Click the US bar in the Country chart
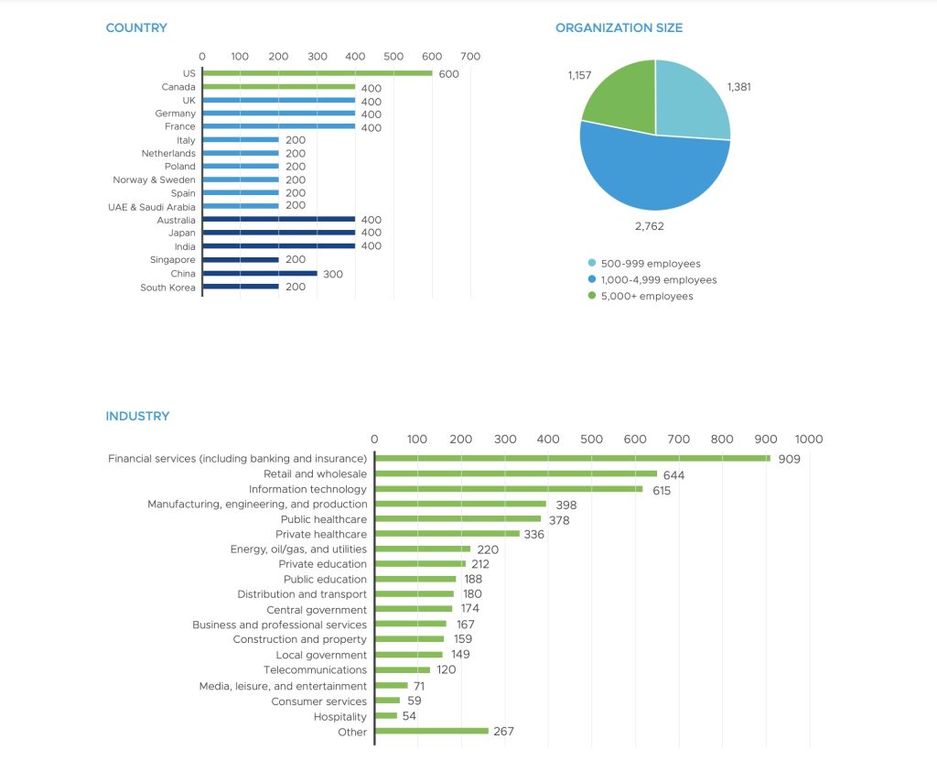point(317,73)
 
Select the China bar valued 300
point(260,274)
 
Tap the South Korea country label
point(167,288)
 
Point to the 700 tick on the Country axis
point(470,57)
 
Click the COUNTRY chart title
point(136,27)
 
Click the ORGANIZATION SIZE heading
point(619,27)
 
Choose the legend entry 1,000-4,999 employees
point(658,280)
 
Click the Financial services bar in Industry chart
point(572,458)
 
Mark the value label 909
point(789,459)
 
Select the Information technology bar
point(509,489)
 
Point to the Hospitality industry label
point(339,717)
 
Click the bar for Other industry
point(431,731)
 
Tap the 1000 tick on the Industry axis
point(809,439)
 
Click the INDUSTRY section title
point(137,416)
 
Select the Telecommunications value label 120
point(446,669)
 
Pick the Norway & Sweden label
point(154,180)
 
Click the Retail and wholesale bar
point(515,473)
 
